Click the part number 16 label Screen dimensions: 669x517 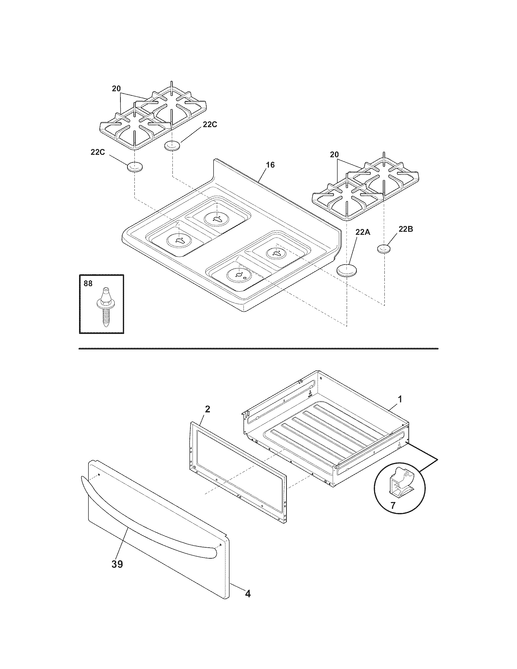(270, 165)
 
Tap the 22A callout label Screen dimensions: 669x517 (363, 233)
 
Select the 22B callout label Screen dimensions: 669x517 (406, 229)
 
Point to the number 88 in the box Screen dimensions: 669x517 (88, 284)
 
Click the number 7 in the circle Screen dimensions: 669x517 (393, 505)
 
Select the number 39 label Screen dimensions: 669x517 (117, 564)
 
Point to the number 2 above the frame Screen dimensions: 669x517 (207, 409)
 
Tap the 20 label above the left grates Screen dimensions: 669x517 (116, 89)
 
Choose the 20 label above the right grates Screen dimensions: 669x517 (335, 155)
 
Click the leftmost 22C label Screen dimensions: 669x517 (98, 152)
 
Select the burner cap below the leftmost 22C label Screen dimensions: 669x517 (135, 168)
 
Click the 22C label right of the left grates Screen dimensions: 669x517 (210, 124)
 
